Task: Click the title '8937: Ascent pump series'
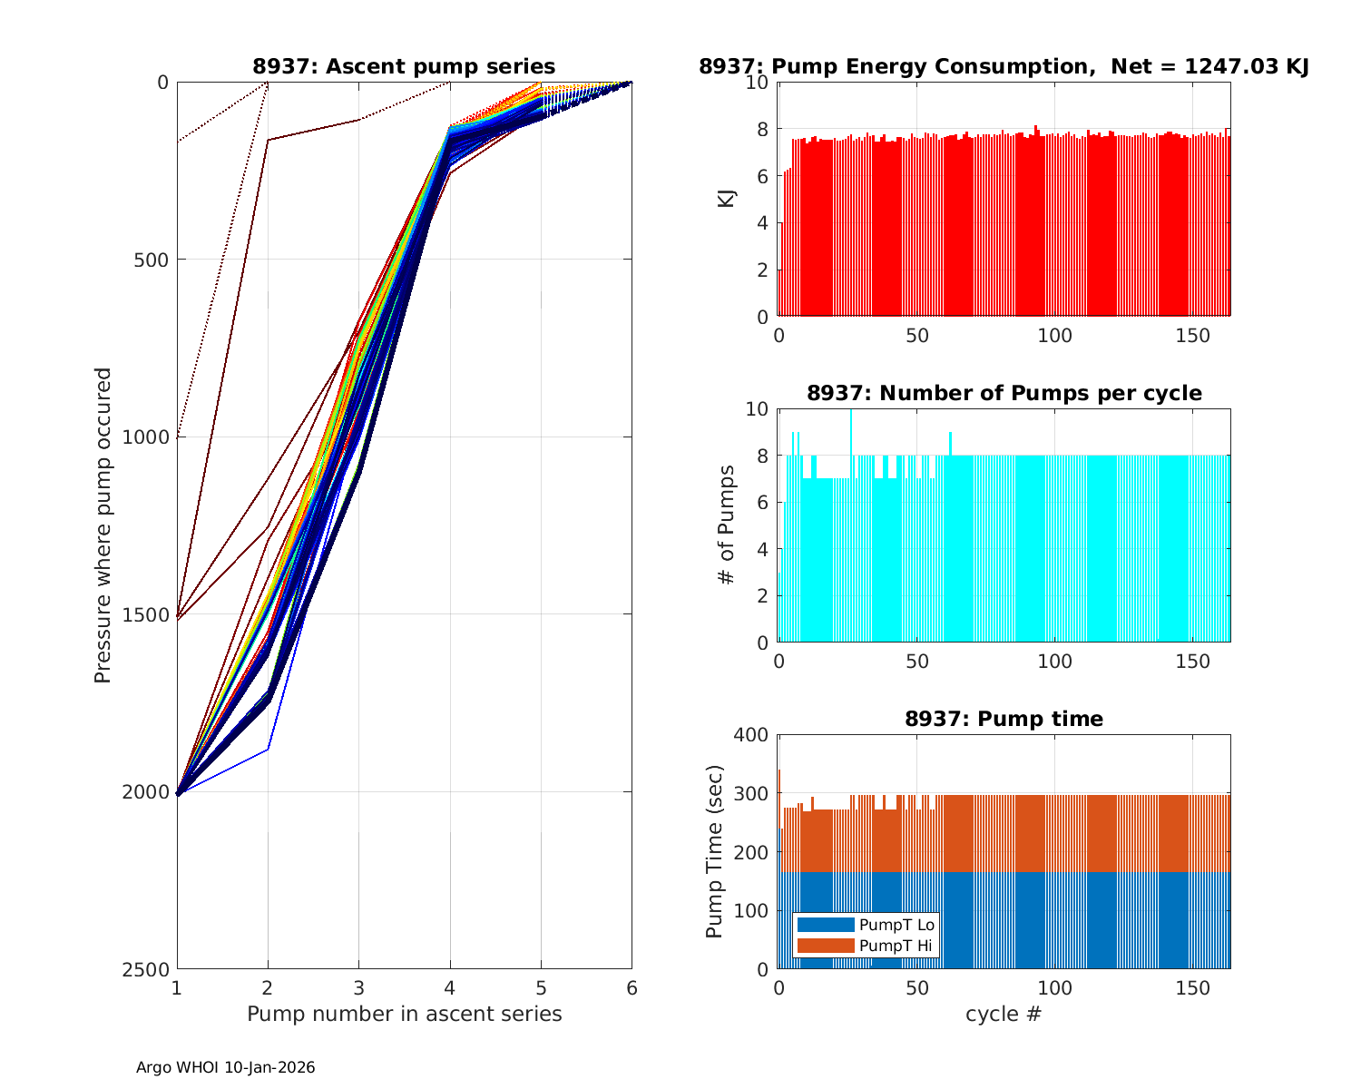point(404,66)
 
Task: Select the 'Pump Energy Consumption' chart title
point(1004,66)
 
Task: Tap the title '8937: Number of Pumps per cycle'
point(1004,393)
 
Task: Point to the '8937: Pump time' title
point(1004,719)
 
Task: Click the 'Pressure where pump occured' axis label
point(103,525)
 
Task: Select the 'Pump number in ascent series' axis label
point(404,1014)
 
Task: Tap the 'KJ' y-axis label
point(727,198)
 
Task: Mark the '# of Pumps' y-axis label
point(727,525)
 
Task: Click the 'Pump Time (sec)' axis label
point(715,851)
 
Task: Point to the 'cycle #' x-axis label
point(1004,1014)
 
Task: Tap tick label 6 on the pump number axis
point(632,988)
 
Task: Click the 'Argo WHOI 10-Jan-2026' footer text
point(226,1068)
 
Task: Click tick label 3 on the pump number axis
point(358,988)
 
